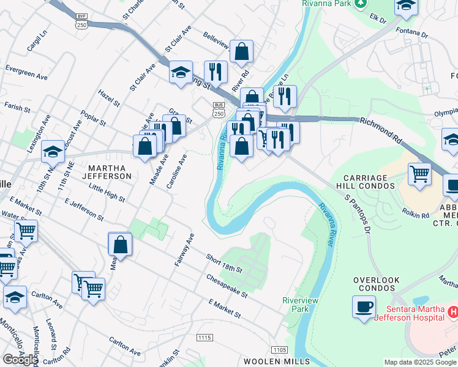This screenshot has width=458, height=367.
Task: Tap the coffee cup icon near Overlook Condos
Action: [364, 306]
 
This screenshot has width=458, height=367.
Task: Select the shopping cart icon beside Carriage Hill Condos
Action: [419, 174]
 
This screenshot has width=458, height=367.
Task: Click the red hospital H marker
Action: [452, 312]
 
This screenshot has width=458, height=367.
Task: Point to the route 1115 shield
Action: [205, 337]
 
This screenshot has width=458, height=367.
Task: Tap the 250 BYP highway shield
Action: [82, 20]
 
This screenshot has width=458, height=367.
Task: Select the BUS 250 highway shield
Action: [219, 109]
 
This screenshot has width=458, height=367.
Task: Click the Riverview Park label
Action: [297, 305]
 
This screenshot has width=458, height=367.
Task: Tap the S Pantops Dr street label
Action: [358, 215]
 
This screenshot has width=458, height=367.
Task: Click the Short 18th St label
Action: [224, 264]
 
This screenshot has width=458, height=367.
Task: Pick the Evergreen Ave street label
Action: [26, 73]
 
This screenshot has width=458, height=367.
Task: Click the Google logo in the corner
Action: [20, 359]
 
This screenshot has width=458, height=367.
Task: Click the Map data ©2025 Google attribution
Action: [420, 362]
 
